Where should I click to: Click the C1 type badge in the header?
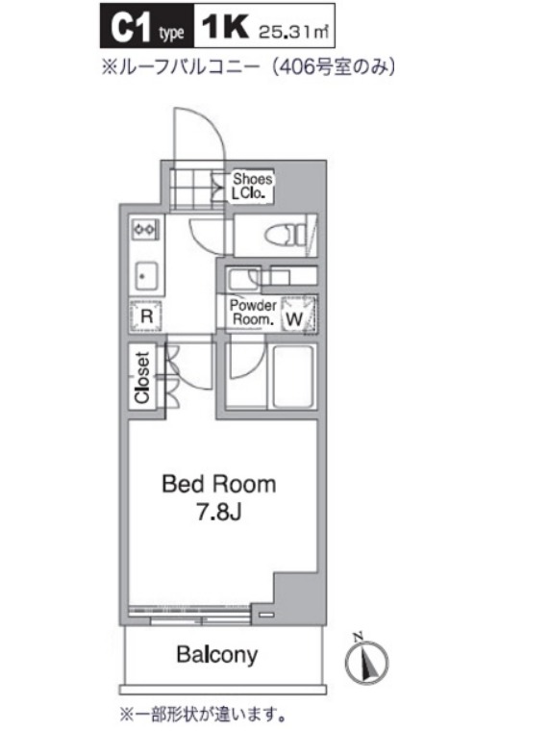[147, 26]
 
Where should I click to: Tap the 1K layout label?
[225, 27]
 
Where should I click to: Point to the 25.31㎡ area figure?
[293, 32]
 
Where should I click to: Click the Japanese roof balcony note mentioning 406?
[249, 67]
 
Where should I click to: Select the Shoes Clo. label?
[252, 186]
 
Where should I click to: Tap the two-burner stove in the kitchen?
[146, 229]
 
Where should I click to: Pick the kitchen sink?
[146, 276]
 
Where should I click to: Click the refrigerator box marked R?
[146, 316]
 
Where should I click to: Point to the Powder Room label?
[253, 313]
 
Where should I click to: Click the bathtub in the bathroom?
[292, 377]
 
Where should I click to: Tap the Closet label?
[141, 377]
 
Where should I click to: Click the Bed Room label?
[219, 485]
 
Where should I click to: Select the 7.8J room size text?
[218, 513]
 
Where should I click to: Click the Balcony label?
[217, 655]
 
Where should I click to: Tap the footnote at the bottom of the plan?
[203, 714]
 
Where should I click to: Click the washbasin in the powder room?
[243, 280]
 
